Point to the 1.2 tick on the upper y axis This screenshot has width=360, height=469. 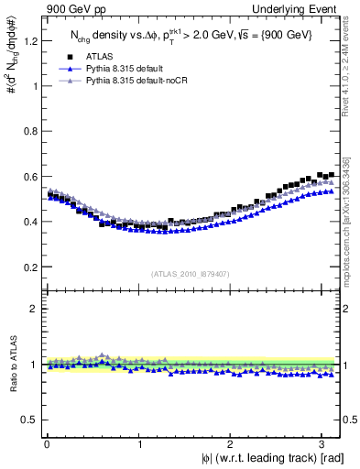(29, 41)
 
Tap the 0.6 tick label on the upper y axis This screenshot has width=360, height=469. (29, 177)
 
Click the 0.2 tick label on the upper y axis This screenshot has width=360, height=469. (29, 267)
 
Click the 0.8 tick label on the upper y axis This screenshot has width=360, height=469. (29, 132)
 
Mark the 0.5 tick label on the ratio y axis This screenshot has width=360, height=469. (29, 420)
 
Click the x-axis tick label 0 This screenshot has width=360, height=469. (47, 444)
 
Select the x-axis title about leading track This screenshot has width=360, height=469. (273, 458)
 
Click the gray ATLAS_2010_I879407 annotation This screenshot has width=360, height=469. (191, 273)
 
